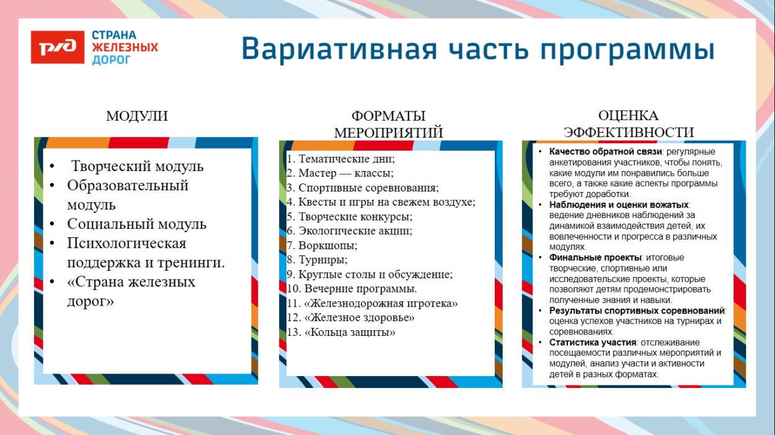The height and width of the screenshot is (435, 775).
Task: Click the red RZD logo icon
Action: [58, 48]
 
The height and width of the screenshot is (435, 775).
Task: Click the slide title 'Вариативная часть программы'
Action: [477, 49]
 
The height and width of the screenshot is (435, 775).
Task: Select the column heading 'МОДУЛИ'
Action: [137, 116]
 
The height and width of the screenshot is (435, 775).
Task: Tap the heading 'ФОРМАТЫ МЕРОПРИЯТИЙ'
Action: [388, 125]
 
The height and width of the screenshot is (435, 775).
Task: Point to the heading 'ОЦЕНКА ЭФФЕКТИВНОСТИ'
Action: [628, 124]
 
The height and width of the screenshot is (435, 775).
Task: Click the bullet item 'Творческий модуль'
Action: [137, 166]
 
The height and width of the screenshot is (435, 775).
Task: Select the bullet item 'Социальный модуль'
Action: [136, 224]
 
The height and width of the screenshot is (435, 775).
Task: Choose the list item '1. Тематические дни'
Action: [340, 159]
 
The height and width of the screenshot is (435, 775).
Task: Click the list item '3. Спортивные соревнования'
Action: [363, 187]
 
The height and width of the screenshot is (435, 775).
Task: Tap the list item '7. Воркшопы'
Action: [322, 245]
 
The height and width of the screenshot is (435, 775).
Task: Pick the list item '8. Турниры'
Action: [317, 260]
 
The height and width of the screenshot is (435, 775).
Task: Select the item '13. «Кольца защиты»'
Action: [341, 332]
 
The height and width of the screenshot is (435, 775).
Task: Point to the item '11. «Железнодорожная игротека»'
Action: [372, 304]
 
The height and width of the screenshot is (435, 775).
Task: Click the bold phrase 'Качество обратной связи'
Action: [606, 152]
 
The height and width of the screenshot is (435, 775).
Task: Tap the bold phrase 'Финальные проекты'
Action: [595, 257]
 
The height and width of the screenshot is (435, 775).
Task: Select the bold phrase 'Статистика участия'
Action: [593, 342]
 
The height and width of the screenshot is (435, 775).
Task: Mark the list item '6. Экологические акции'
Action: [349, 231]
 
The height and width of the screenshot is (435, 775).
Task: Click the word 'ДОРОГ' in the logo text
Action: [112, 59]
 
